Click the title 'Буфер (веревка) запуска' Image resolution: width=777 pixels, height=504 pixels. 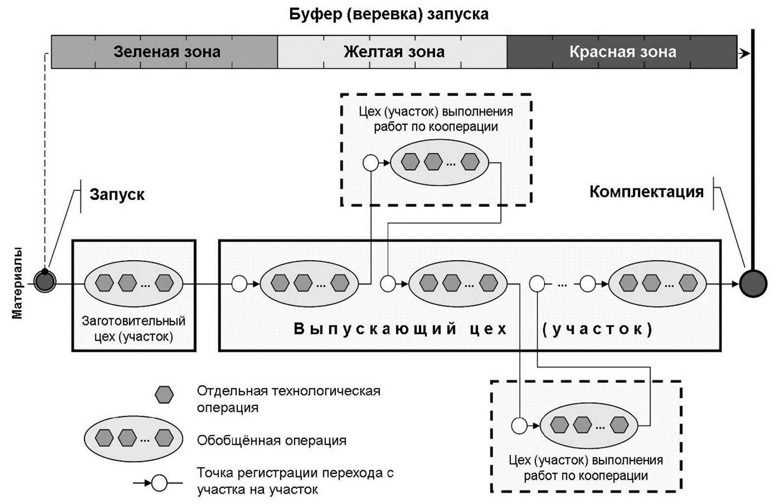click(388, 14)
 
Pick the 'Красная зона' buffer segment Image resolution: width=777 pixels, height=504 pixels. click(622, 52)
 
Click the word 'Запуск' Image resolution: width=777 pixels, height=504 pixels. click(117, 194)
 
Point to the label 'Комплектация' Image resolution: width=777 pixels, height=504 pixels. click(646, 191)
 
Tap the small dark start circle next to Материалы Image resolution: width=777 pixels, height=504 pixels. click(44, 282)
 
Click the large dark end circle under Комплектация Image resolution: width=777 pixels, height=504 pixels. click(753, 283)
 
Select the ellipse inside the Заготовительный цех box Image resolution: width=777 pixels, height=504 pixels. click(134, 283)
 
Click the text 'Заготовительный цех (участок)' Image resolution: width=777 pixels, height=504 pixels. click(134, 328)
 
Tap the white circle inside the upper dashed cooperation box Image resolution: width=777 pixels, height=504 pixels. click(371, 163)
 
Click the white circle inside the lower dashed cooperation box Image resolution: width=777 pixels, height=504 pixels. click(519, 425)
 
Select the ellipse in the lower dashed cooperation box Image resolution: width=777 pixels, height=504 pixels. click(589, 425)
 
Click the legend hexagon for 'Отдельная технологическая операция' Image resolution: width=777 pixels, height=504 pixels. click(164, 395)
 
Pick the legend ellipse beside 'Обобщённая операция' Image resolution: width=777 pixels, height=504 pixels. click(133, 438)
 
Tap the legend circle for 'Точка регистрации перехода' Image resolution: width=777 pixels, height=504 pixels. click(159, 483)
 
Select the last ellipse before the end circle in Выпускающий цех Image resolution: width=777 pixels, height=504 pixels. click(657, 283)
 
